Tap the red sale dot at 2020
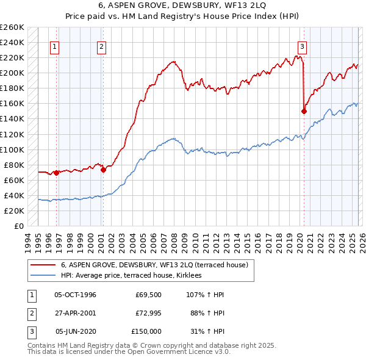coord(303,111)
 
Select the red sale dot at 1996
coord(56,173)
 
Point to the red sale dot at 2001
coord(103,170)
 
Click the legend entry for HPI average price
coord(135,276)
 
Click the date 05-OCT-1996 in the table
coord(75,295)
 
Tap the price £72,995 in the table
coord(146,313)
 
